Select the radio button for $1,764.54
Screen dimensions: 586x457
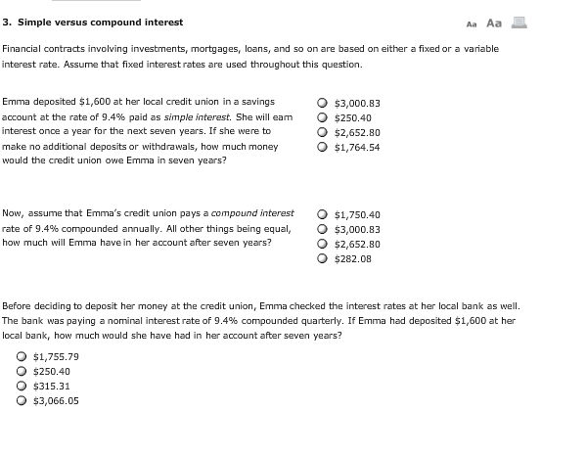324,147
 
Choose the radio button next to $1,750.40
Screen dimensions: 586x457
324,214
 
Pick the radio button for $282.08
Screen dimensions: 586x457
324,258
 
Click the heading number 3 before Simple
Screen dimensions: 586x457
7,23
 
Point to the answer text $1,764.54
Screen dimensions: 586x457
357,147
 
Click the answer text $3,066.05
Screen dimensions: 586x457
56,400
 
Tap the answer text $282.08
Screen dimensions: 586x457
353,258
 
